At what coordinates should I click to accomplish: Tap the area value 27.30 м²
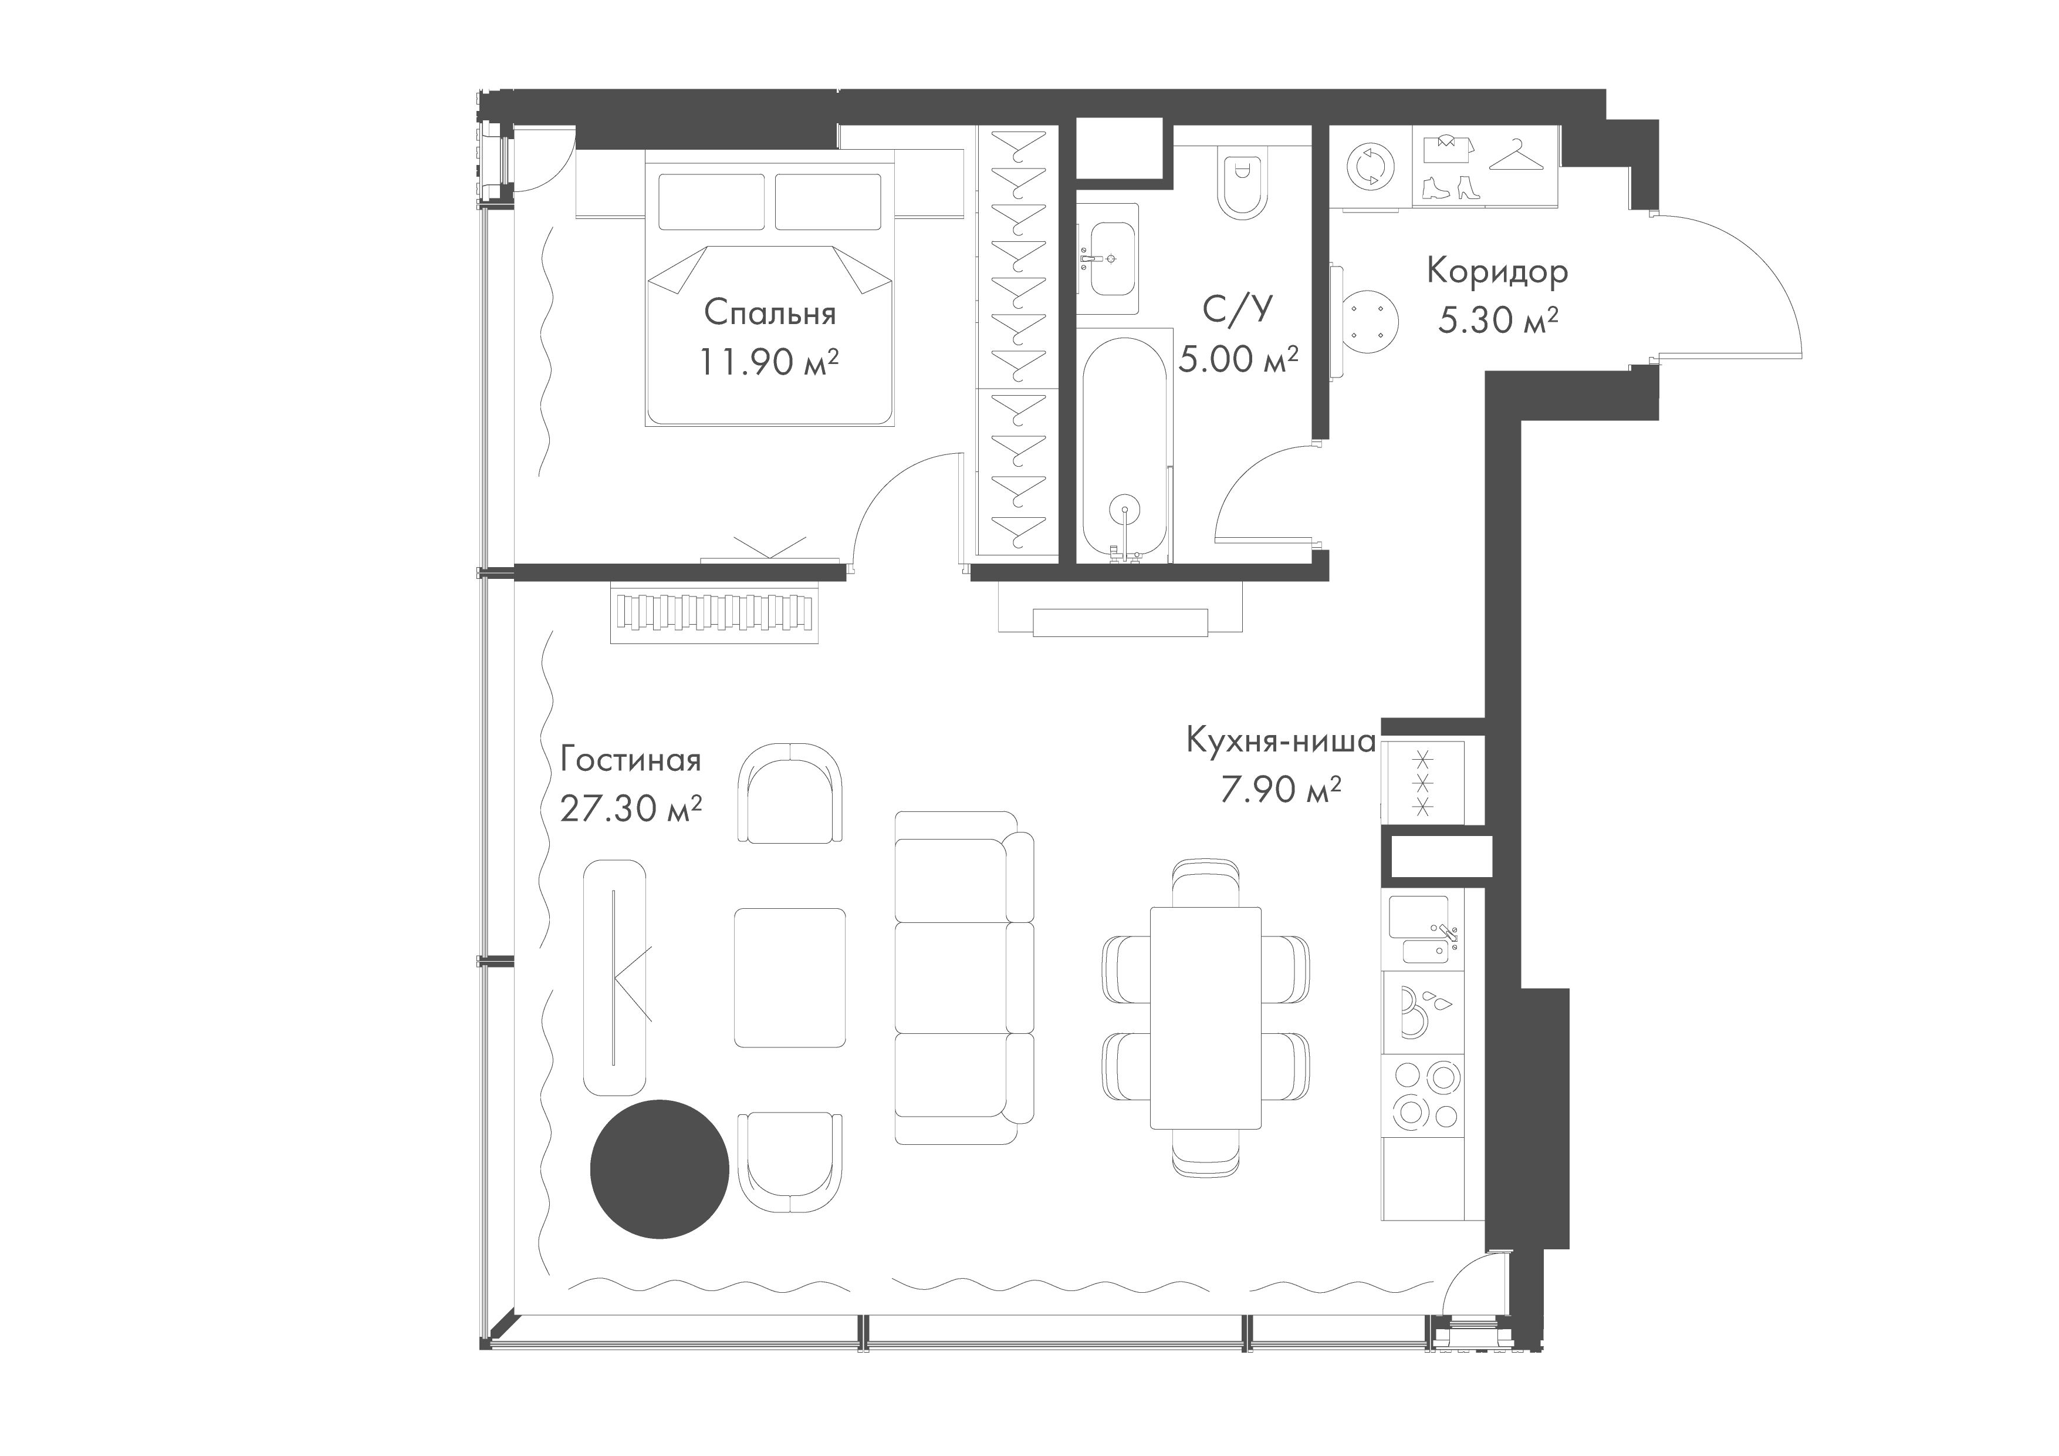[630, 808]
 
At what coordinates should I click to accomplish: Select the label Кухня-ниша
[1280, 741]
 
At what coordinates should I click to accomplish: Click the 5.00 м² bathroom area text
[1239, 359]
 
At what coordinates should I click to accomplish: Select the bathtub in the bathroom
[1125, 449]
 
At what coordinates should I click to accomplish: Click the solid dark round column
[659, 1169]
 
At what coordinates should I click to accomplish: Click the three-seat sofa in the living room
[964, 978]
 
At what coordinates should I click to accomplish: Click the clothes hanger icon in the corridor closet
[1519, 154]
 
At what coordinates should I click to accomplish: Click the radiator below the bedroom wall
[714, 613]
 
